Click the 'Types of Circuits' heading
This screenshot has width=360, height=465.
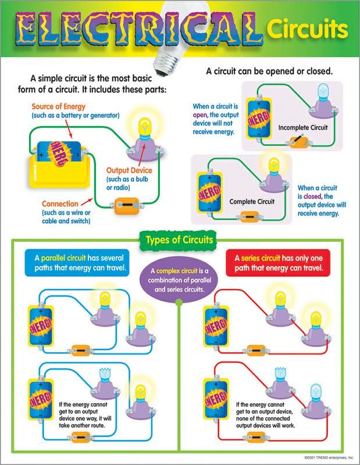179,239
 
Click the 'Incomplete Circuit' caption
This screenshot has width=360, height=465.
304,127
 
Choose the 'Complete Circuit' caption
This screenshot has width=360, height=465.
252,201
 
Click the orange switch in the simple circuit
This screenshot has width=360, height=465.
125,206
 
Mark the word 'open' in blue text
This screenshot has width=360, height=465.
201,115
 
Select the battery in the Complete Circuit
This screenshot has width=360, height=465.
207,191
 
